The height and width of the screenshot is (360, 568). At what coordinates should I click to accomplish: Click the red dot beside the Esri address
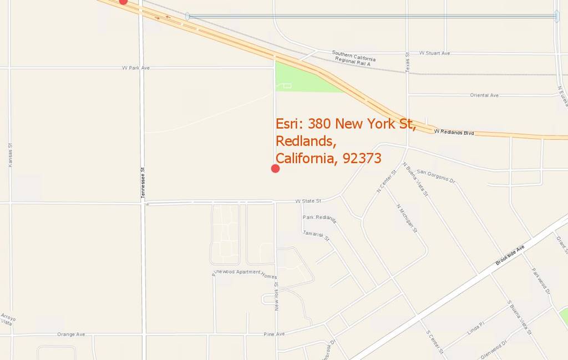[x=275, y=169]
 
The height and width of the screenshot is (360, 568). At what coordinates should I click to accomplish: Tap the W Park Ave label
[x=136, y=68]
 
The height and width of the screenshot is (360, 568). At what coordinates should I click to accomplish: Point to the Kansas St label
[x=10, y=155]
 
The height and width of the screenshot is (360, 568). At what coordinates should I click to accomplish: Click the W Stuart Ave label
[x=434, y=53]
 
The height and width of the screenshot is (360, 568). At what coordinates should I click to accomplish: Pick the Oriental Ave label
[x=484, y=95]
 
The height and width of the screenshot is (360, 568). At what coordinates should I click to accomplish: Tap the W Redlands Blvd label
[x=454, y=132]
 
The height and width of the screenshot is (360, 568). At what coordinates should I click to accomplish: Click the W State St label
[x=308, y=201]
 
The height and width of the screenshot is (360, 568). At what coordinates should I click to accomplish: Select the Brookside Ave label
[x=510, y=255]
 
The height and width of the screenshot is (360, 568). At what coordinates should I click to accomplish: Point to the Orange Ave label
[x=71, y=334]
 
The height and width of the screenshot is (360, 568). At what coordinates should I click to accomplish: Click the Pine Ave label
[x=274, y=334]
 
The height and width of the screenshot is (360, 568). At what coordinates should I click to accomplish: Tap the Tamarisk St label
[x=316, y=236]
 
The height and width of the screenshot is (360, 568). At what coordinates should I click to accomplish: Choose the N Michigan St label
[x=407, y=218]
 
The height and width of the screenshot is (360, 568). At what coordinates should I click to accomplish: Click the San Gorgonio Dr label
[x=436, y=176]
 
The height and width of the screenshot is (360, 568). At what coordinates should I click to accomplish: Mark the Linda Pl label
[x=475, y=328]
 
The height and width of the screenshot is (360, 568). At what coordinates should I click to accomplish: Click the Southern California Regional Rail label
[x=353, y=58]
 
